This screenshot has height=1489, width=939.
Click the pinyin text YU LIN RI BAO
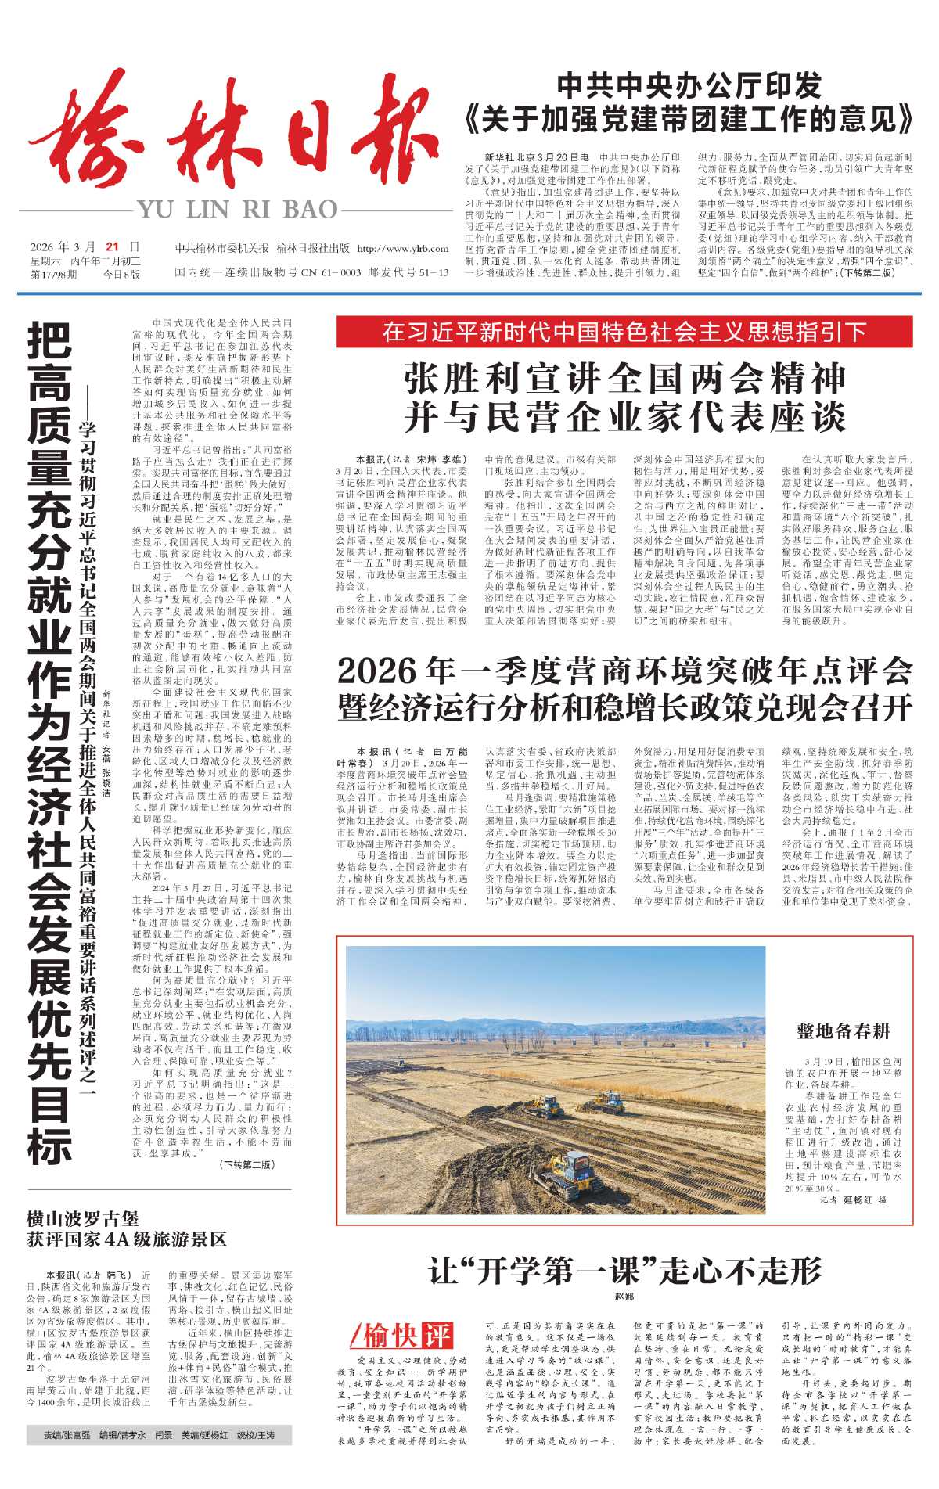coord(237,210)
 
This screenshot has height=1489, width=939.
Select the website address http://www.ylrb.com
coord(402,249)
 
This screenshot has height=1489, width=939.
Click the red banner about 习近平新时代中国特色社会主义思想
coord(624,332)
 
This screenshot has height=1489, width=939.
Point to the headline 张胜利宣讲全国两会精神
coord(624,379)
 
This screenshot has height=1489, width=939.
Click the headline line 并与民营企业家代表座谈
coord(624,416)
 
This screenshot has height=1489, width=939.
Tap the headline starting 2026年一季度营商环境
coord(624,671)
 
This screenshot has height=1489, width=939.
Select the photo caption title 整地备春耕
coord(844,1030)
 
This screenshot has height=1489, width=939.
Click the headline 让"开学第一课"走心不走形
coord(624,1271)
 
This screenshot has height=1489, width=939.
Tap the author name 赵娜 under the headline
coord(624,1297)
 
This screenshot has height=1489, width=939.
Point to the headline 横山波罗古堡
coord(82,1218)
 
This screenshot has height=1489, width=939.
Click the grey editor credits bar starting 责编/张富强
coord(150,1436)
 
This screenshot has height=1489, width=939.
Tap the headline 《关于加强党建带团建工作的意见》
coord(689,119)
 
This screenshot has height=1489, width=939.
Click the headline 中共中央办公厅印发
coord(689,85)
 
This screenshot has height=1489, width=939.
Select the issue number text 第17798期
coord(54,274)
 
